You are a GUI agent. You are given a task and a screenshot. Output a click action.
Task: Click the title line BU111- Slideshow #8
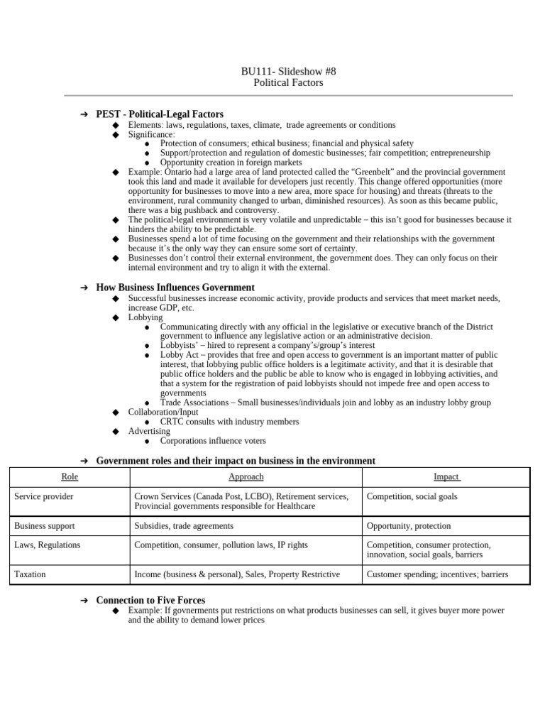point(288,71)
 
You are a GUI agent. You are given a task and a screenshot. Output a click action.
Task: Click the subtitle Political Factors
point(288,82)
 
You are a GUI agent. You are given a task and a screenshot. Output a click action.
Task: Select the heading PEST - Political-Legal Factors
point(160,114)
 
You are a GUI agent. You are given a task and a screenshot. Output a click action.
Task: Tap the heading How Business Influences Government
point(175,288)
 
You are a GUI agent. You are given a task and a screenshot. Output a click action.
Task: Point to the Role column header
point(70,477)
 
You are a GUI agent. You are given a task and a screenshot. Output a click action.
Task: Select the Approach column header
point(246,477)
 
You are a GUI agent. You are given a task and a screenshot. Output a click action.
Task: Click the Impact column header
point(446,477)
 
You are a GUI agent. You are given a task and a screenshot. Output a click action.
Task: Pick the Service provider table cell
point(43,496)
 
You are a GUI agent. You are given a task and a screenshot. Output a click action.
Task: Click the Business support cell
point(44,526)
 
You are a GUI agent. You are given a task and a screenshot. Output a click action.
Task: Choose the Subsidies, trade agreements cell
point(184,526)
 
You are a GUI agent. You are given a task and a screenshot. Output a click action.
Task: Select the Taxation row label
point(31,574)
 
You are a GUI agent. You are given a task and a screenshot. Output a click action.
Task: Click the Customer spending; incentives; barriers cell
point(437,574)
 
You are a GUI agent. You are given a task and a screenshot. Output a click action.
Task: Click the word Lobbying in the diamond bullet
point(145,317)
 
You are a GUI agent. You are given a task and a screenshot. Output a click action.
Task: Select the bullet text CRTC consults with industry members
point(229,422)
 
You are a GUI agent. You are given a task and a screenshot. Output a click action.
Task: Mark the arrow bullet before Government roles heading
point(84,461)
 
